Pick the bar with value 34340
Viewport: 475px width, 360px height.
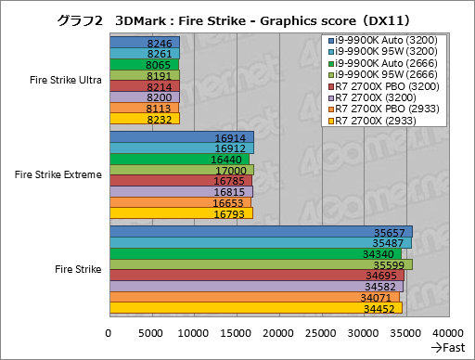[x=255, y=253]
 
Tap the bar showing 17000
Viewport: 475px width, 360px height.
[x=182, y=170]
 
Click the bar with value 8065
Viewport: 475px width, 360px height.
[x=144, y=65]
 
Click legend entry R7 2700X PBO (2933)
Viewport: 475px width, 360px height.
[x=385, y=109]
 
